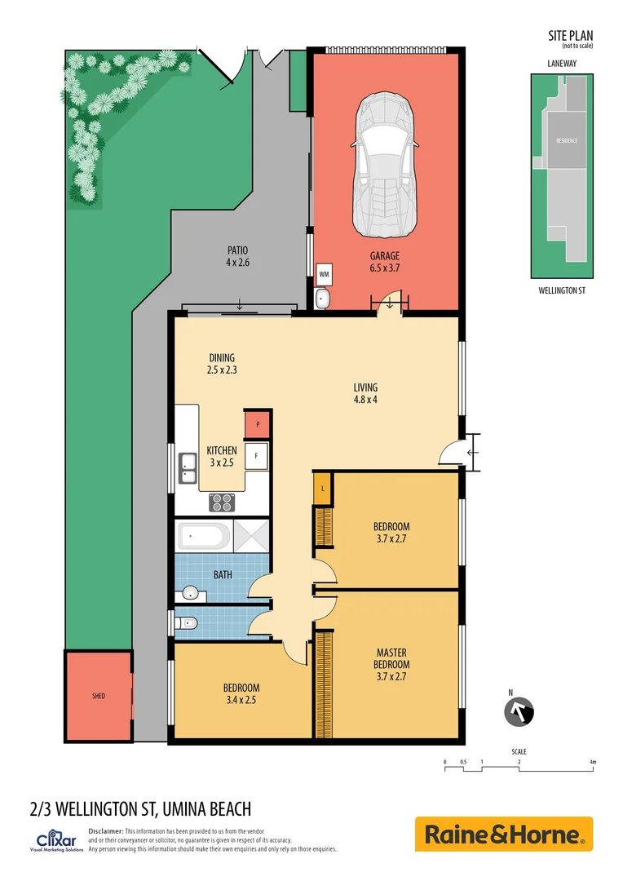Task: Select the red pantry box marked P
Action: [x=258, y=425]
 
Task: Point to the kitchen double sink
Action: [x=188, y=467]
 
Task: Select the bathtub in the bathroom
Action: [x=204, y=537]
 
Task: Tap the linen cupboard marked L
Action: [x=323, y=488]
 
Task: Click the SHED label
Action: [x=98, y=696]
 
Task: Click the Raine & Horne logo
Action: [x=503, y=835]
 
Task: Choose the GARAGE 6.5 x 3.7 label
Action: [x=384, y=261]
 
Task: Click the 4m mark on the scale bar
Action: [x=593, y=762]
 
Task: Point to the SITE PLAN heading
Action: [x=570, y=35]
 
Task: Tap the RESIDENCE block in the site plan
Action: [x=567, y=140]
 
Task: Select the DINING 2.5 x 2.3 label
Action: [x=221, y=363]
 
